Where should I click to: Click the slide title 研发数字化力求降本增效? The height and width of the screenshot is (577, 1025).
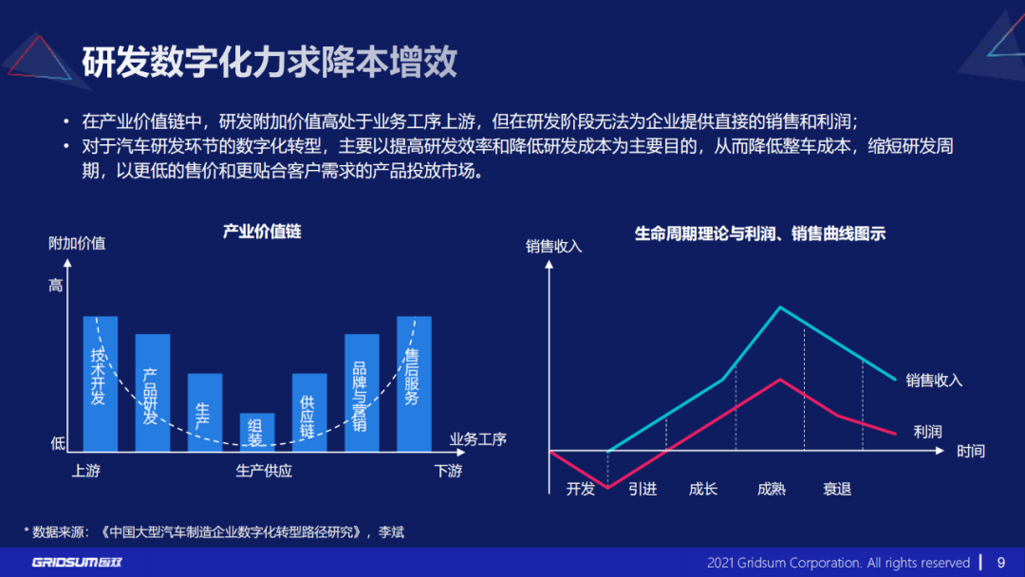tap(270, 62)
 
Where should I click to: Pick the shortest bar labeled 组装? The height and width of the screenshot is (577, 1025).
tap(256, 432)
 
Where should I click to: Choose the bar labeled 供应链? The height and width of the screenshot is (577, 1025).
tap(308, 413)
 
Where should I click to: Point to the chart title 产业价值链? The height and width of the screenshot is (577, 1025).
tap(262, 232)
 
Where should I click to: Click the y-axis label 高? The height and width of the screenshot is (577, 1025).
tap(56, 286)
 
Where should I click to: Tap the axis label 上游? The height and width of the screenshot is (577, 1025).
tap(85, 471)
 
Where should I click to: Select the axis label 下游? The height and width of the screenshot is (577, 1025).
tap(448, 471)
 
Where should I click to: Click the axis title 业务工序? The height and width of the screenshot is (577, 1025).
tap(478, 439)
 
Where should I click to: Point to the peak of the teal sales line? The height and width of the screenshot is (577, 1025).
tap(780, 307)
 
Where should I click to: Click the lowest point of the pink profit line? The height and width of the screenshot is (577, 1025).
tap(607, 488)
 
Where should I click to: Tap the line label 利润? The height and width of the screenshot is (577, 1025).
tap(927, 432)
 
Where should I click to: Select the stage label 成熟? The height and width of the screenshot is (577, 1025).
tap(771, 490)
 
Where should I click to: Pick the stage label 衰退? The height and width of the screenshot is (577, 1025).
tap(836, 490)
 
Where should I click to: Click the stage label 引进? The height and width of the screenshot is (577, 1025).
tap(643, 490)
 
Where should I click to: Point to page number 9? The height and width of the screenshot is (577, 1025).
tap(1000, 563)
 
